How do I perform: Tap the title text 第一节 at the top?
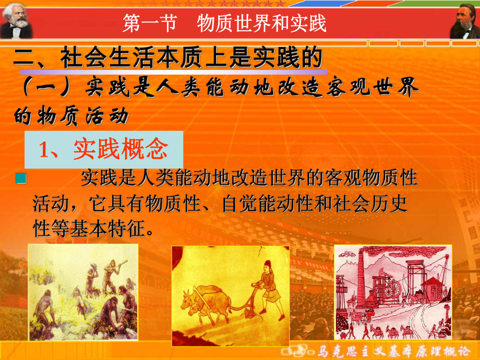click(149, 23)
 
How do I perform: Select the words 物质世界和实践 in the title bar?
click(261, 23)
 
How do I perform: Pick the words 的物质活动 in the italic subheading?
click(70, 116)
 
